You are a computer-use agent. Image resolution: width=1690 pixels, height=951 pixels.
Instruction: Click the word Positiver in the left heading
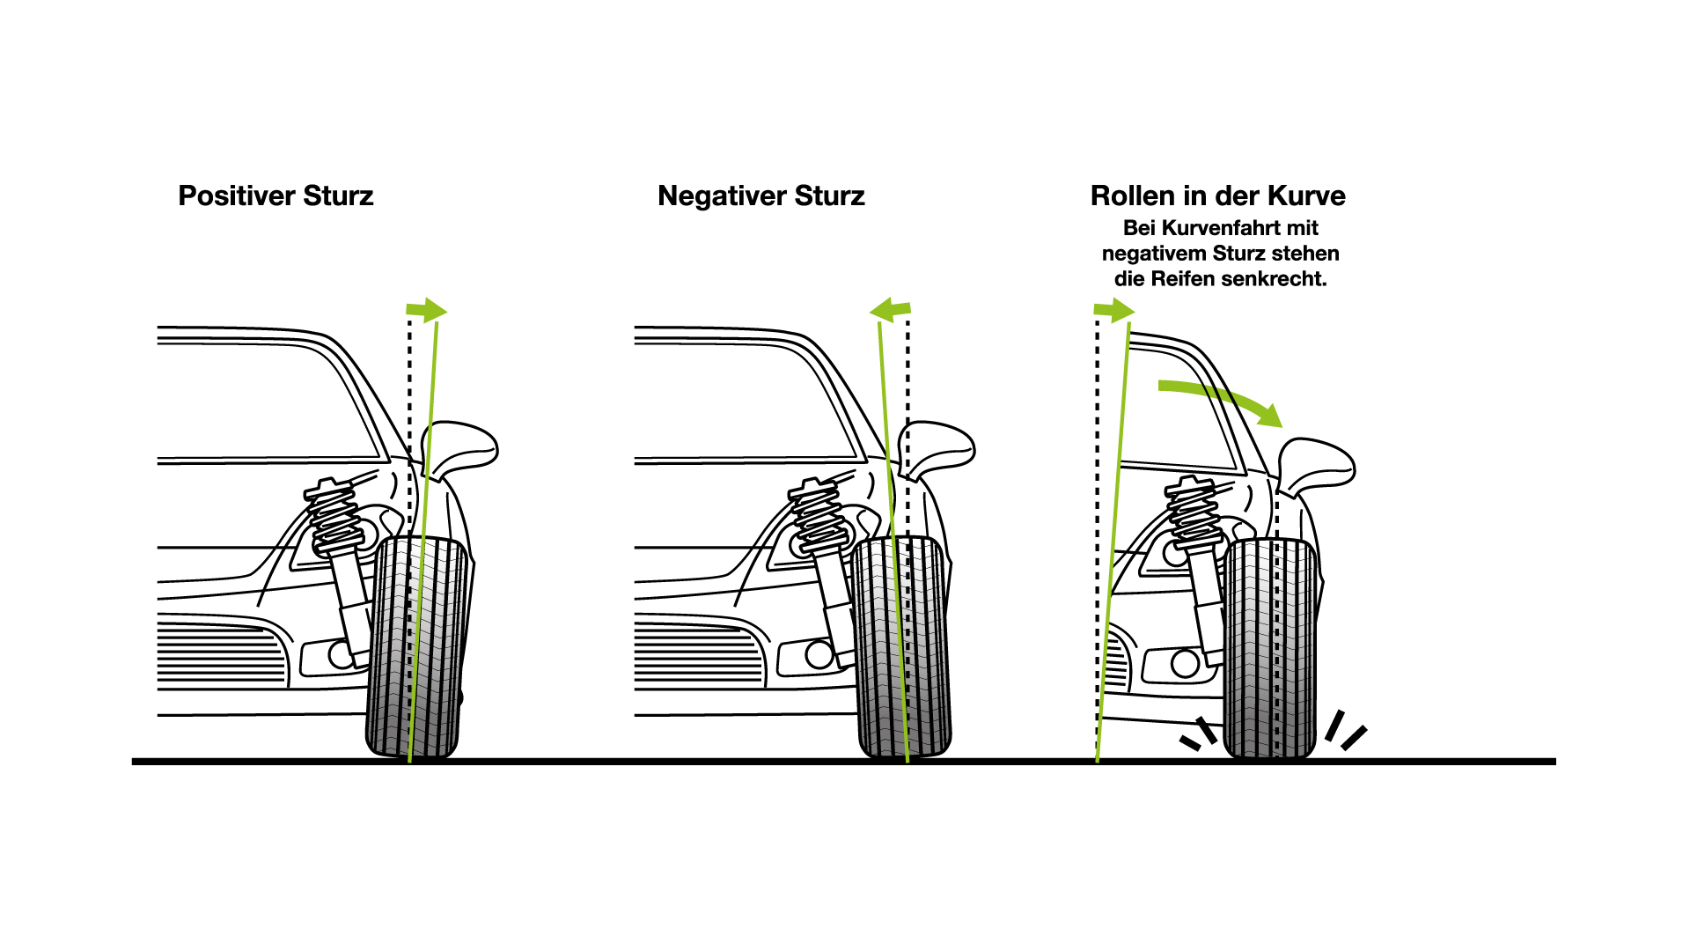(236, 195)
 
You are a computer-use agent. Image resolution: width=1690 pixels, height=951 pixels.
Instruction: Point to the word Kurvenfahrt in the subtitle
(1220, 228)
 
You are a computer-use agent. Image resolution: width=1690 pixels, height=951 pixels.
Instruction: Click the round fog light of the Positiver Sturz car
(340, 655)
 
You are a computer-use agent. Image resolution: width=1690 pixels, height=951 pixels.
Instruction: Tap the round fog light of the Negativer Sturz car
(819, 654)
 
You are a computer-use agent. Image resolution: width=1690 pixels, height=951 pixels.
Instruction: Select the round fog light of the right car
(1185, 663)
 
